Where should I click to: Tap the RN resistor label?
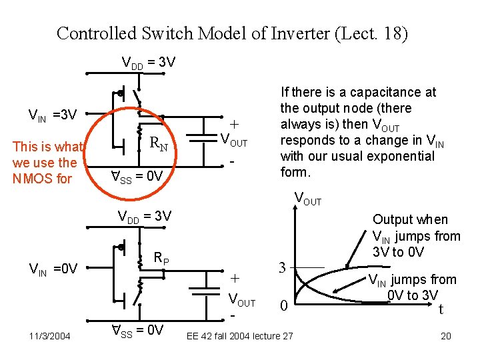[158, 142]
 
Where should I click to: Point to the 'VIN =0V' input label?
[53, 269]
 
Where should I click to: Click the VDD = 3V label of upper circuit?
[149, 63]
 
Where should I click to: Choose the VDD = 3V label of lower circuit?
[145, 216]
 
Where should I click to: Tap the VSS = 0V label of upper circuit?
[137, 177]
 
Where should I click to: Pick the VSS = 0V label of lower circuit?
[137, 329]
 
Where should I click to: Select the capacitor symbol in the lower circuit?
[201, 291]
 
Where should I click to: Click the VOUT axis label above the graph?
[307, 199]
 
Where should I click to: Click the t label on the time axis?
[441, 309]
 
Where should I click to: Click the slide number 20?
[446, 336]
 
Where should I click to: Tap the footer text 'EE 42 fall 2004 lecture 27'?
[239, 336]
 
